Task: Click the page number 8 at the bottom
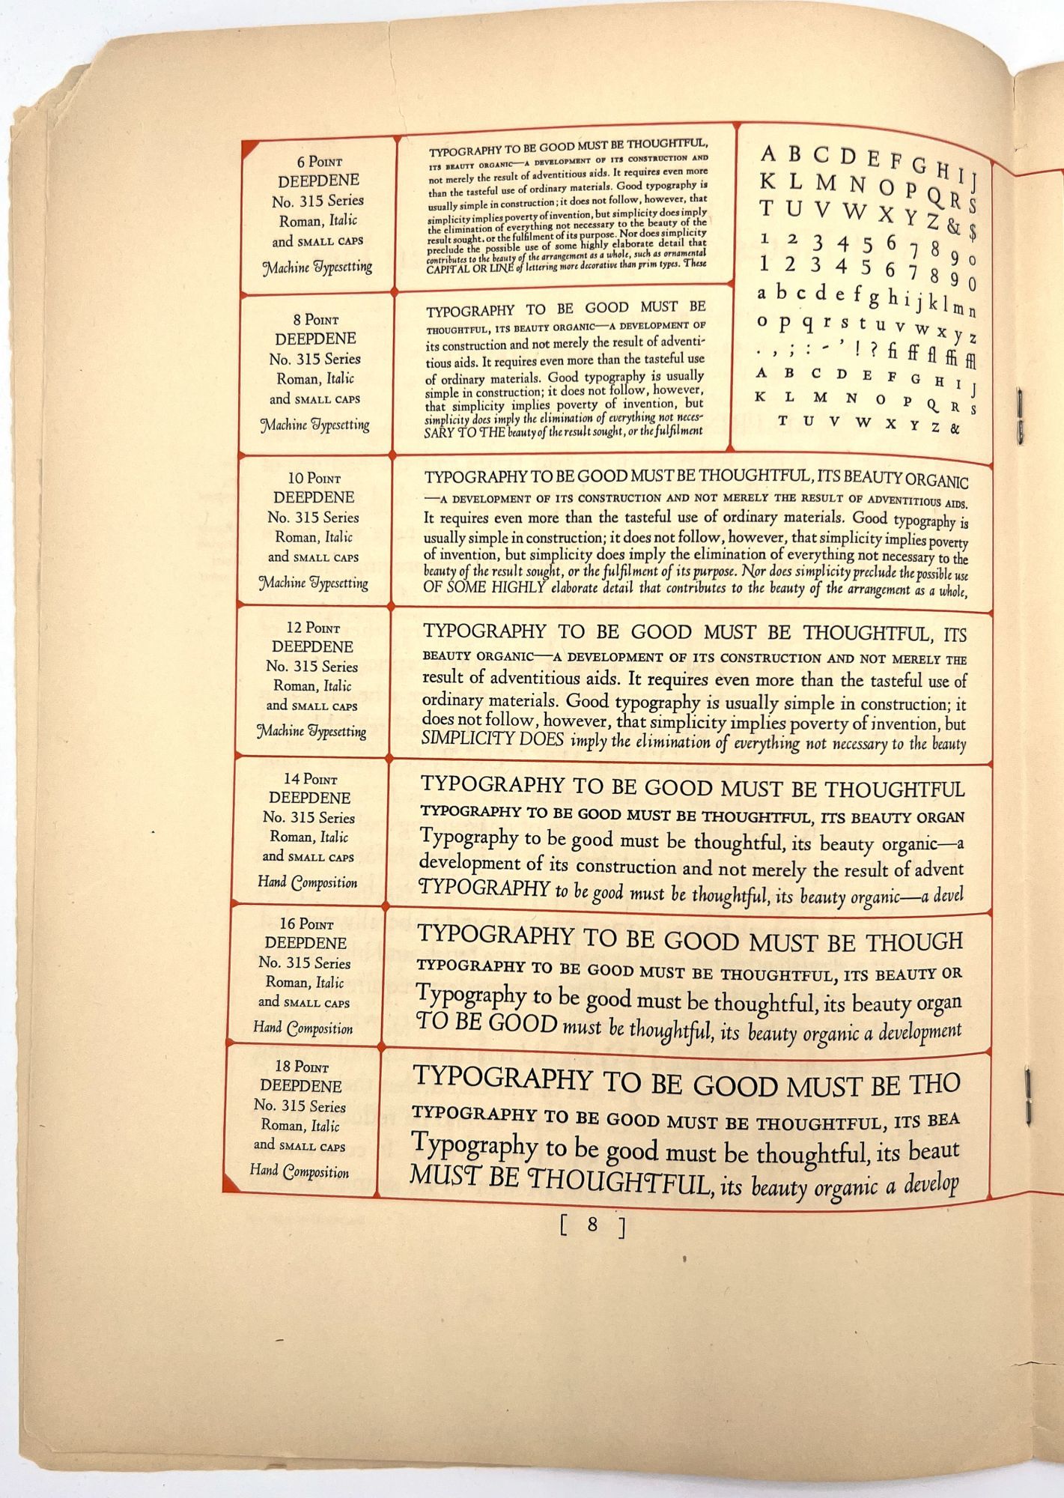point(592,1225)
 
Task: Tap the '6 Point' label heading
point(319,161)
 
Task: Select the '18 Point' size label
point(301,1066)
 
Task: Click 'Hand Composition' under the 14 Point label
point(307,882)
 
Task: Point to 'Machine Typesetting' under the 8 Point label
point(314,425)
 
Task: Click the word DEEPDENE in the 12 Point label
point(311,646)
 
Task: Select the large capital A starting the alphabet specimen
point(767,154)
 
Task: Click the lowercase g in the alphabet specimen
point(874,298)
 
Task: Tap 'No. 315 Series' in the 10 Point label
point(314,518)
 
